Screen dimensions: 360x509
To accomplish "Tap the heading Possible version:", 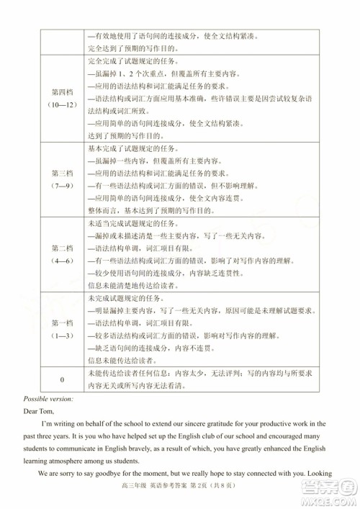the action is pos(48,398).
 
